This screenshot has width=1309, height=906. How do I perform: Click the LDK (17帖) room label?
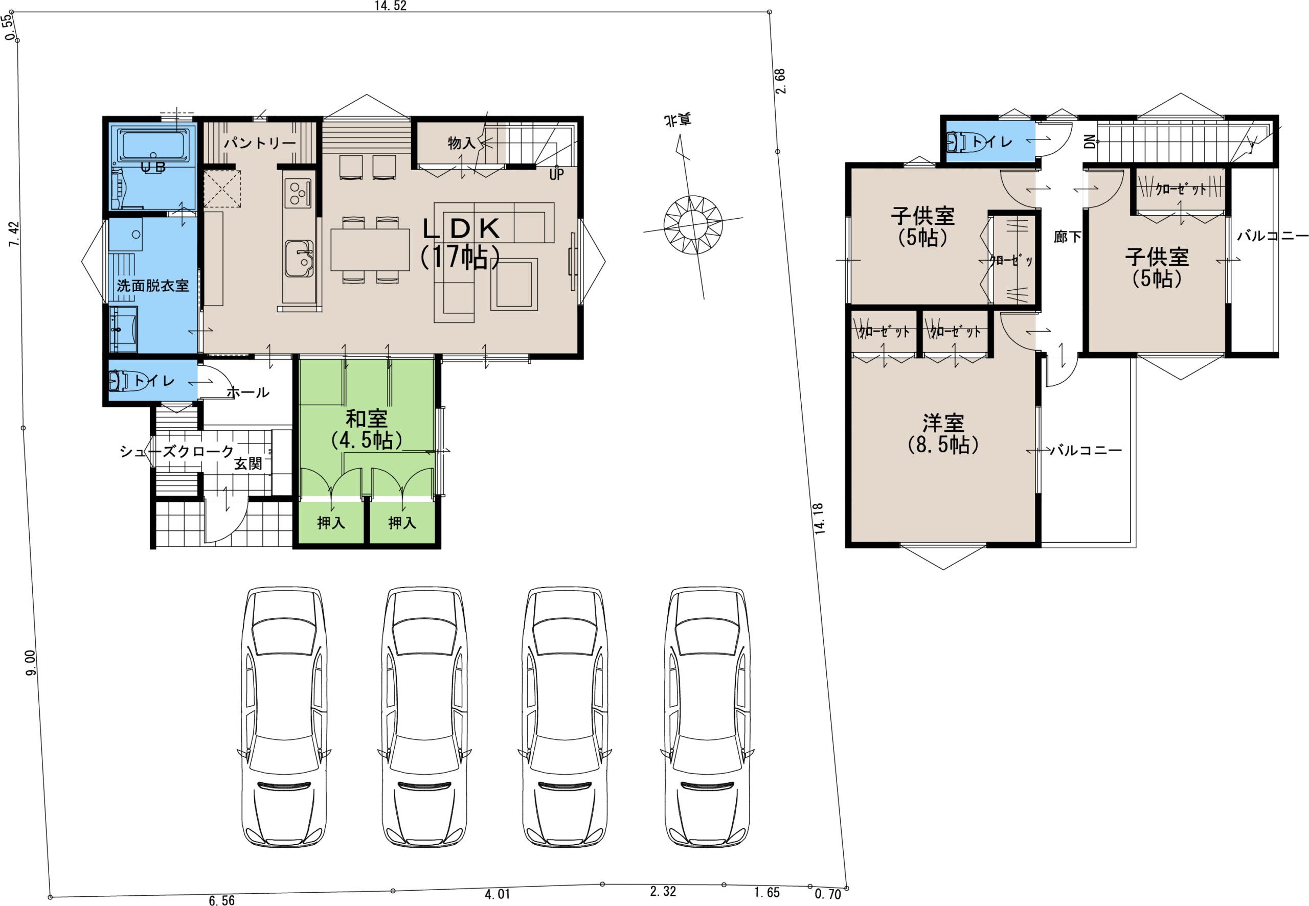coord(461,242)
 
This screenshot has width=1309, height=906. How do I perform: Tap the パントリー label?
coord(260,143)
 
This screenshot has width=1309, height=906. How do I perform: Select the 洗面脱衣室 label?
coord(153,286)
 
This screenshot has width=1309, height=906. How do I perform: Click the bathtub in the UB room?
coord(153,145)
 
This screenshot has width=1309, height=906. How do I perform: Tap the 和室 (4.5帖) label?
coord(367,430)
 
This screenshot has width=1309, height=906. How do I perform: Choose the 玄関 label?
coord(248,464)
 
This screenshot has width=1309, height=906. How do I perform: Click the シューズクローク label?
coord(176,451)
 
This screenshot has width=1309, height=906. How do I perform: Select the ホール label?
coord(247,392)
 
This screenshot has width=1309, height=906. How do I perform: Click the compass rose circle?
coord(693,225)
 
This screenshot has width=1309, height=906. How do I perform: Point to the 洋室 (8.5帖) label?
coord(943,434)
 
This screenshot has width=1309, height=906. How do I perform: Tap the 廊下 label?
coord(1067,237)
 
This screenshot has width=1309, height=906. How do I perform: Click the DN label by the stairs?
coord(1090,142)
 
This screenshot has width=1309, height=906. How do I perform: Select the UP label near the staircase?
coord(556,175)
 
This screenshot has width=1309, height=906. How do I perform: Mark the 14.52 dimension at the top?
coord(390,6)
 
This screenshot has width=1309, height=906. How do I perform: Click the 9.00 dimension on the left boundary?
coord(31,662)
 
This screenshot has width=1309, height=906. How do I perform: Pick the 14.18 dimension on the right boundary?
coord(819,519)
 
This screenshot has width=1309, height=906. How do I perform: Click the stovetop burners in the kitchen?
coord(298,192)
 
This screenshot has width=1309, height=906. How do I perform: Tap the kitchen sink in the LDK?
coord(299,259)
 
